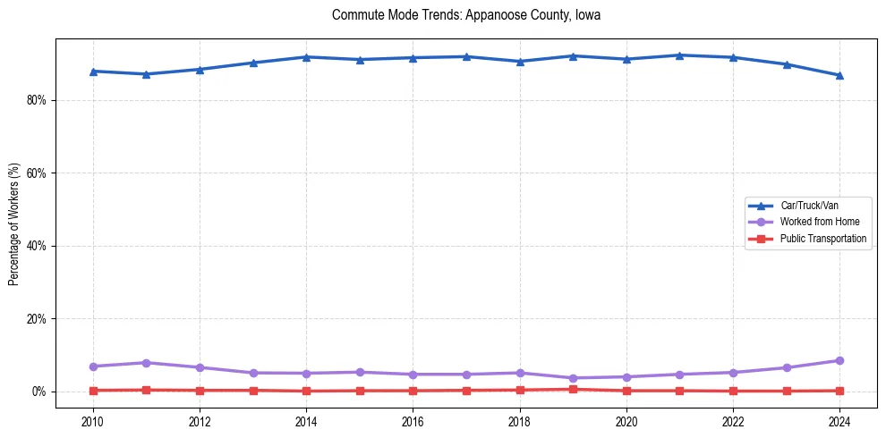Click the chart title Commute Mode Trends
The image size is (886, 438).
point(465,15)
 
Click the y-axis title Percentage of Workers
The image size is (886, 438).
point(13,224)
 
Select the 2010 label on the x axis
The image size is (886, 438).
point(92,420)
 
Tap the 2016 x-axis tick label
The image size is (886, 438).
point(413,420)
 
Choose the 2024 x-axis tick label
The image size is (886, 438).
point(839,420)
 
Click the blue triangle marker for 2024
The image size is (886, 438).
point(839,75)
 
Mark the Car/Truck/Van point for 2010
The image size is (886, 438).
point(93,71)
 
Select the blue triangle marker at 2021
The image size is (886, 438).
point(679,55)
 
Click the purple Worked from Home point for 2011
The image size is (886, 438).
point(146,363)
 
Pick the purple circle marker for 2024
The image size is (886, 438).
point(839,360)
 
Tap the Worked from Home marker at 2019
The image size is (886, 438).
point(573,378)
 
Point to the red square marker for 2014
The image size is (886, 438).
point(306,391)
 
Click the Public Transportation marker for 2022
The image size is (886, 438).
point(733,391)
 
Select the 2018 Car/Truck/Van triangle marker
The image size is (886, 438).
point(519,61)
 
